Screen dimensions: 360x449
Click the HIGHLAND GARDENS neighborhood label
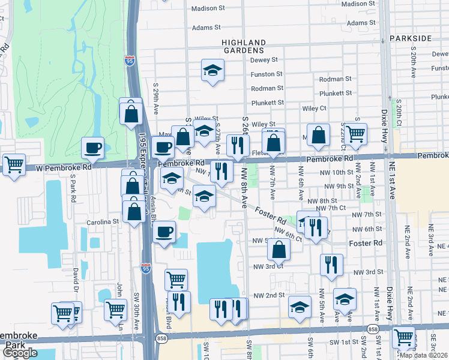(x=243, y=46)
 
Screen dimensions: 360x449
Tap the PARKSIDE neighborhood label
(x=427, y=38)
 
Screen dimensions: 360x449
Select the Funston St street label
(x=267, y=74)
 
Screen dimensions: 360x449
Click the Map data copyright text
(x=423, y=355)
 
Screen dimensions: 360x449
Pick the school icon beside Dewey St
(x=212, y=71)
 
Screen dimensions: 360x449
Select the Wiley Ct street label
(x=313, y=108)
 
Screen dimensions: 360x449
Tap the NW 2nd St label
(x=268, y=296)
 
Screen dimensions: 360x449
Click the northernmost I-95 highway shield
(x=130, y=61)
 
